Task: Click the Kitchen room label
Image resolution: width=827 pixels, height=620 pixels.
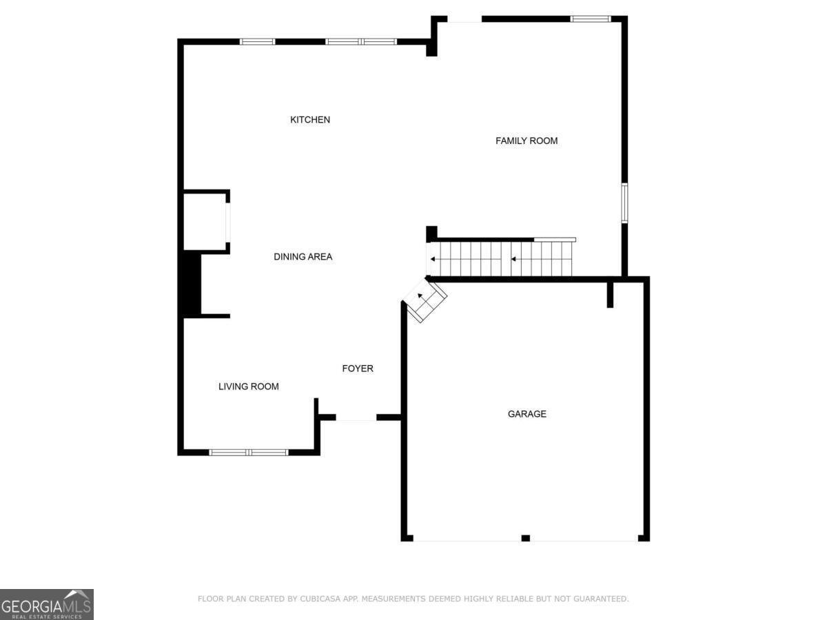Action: (x=310, y=120)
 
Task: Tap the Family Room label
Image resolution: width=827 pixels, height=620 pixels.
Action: (x=527, y=141)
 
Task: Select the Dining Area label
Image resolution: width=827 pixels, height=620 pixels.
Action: (x=303, y=257)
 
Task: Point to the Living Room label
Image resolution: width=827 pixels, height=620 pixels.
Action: (x=249, y=386)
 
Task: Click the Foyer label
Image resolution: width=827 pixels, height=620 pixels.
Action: (x=358, y=369)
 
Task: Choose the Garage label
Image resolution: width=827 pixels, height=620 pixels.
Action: (x=527, y=414)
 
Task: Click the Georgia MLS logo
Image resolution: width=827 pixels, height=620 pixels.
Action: (x=46, y=604)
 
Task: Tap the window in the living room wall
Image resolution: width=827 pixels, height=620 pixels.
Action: (x=248, y=452)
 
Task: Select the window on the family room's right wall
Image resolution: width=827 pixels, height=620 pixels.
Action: (x=624, y=203)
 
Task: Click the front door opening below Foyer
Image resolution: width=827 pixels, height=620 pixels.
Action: (x=356, y=417)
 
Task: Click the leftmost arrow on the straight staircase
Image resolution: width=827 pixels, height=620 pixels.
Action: (x=432, y=260)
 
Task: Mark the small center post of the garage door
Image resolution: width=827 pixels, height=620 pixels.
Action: (x=525, y=538)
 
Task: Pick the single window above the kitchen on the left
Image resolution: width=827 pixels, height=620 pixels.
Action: (x=257, y=42)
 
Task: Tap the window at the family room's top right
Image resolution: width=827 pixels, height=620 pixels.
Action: (x=591, y=19)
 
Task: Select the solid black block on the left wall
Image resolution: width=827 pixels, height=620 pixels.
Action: (x=190, y=285)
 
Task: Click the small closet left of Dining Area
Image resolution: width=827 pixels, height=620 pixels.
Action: (x=205, y=221)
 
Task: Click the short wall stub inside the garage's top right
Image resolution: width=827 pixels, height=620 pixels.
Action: (x=610, y=294)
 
